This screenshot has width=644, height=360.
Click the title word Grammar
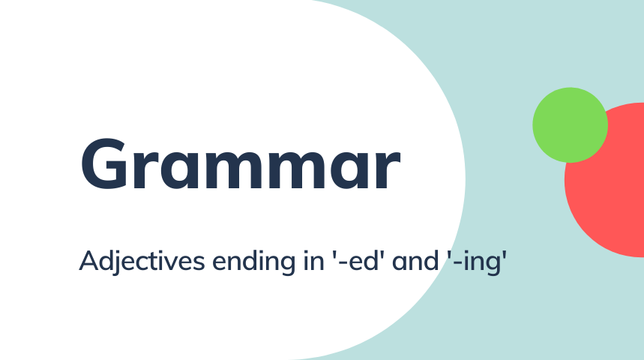pos(240,164)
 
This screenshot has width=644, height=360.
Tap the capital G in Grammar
pos(103,164)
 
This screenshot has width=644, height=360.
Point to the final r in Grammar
pos(388,170)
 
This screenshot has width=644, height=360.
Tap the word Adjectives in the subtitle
pos(142,261)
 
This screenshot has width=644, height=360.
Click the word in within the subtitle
pos(314,260)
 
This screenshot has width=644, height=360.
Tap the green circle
pos(570,125)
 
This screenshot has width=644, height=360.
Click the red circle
pos(608,185)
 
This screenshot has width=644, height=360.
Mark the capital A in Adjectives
pos(89,260)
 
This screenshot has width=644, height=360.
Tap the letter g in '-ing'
pos(492,265)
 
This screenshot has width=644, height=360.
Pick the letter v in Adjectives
pos(174,263)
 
